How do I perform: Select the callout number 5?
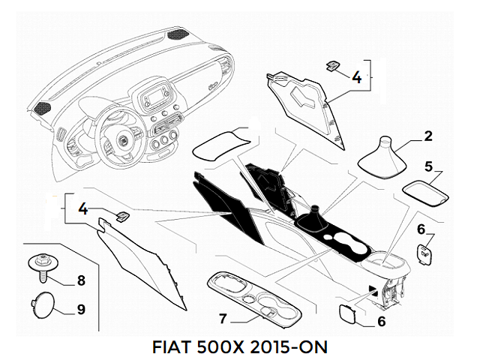(x=428, y=166)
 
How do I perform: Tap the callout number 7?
(x=223, y=319)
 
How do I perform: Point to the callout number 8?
(x=81, y=281)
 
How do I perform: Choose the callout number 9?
(x=81, y=309)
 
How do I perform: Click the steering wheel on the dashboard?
(x=120, y=135)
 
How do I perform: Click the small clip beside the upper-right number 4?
(x=331, y=67)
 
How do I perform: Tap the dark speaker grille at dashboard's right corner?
(x=180, y=34)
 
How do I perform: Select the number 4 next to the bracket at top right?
(x=356, y=76)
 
